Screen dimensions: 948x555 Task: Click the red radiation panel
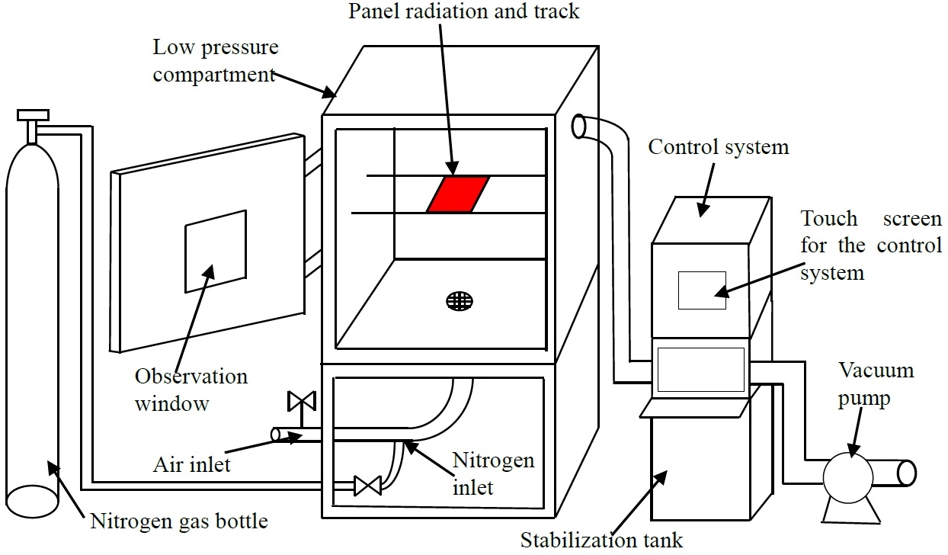[x=458, y=194]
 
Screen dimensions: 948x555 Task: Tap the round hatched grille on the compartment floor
[x=460, y=301]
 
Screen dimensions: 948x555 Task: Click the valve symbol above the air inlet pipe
[x=301, y=401]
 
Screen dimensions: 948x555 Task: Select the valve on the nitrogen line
[x=367, y=486]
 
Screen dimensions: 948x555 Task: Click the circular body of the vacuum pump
[x=848, y=478]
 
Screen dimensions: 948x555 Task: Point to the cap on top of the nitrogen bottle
[x=33, y=114]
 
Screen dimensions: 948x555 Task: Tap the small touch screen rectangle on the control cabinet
[x=702, y=290]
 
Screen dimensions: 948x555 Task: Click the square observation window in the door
[x=216, y=252]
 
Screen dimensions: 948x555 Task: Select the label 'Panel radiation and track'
[x=463, y=11]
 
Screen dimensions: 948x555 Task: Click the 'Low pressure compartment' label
[x=216, y=60]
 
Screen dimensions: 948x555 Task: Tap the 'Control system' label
[x=719, y=147]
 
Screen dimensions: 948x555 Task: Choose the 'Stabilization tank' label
[x=601, y=541]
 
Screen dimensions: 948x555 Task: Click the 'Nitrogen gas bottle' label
[x=179, y=521]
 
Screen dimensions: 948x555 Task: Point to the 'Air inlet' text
[x=192, y=465]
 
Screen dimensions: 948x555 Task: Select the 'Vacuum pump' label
[x=876, y=384]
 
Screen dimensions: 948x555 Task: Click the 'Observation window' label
[x=191, y=390]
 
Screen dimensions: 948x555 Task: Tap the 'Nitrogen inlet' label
[x=494, y=473]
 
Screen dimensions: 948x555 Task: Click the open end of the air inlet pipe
[x=276, y=435]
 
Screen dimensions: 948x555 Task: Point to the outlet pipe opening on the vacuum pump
[x=907, y=473]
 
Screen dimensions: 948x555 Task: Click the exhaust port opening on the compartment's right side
[x=578, y=126]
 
